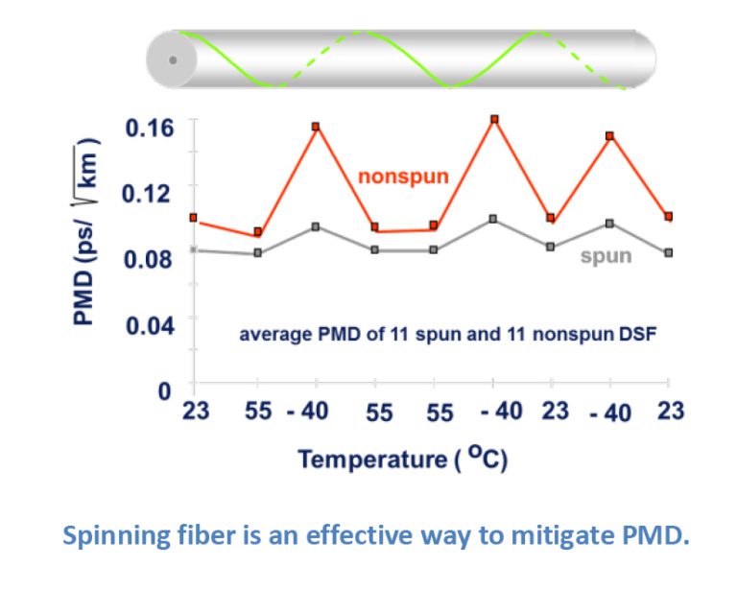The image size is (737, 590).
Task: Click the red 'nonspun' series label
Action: click(403, 177)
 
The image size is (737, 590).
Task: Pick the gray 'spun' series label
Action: click(606, 256)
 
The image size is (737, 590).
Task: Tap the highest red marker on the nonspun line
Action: click(494, 120)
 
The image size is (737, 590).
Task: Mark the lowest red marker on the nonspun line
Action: click(257, 232)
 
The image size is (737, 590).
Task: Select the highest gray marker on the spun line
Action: click(493, 219)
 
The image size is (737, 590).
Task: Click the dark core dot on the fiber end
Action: click(172, 59)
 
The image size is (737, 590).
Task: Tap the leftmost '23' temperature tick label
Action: click(196, 413)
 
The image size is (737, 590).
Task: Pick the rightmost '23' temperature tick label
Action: click(671, 413)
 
